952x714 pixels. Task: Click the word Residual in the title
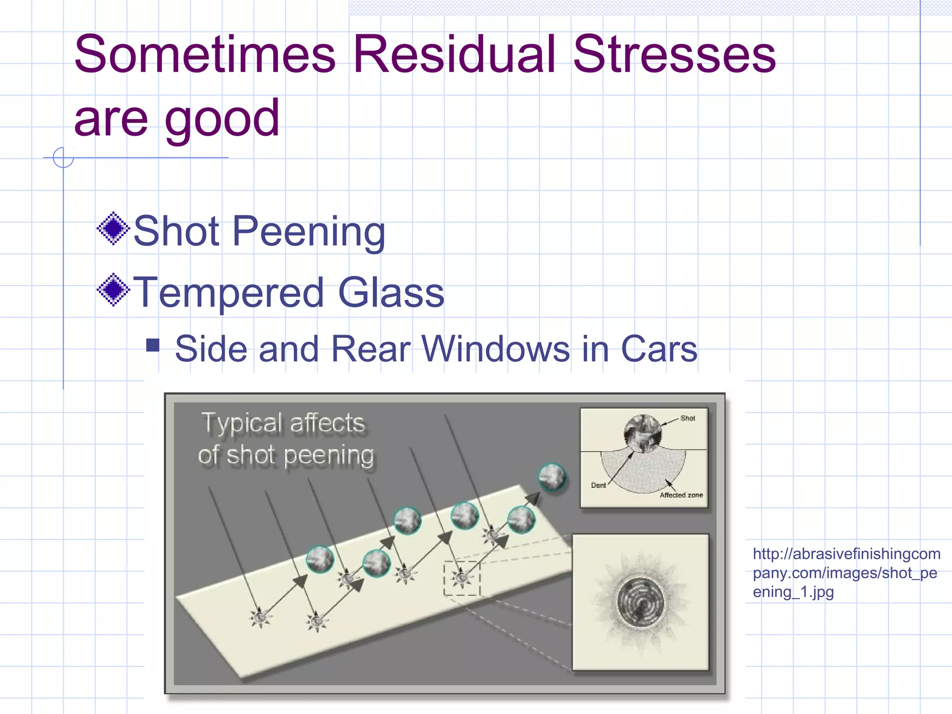coord(454,54)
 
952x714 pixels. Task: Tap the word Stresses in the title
coord(674,54)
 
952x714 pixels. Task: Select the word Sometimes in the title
coord(205,54)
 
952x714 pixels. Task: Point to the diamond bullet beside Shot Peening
coord(113,228)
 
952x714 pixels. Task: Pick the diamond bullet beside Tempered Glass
coord(113,290)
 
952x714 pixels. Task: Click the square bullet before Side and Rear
coord(152,345)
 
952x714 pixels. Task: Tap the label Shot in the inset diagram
coord(688,418)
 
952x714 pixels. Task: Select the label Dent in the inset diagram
coord(598,485)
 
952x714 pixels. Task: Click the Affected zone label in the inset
coord(681,495)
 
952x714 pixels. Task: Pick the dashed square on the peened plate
coord(462,578)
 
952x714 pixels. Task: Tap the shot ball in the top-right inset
coord(642,433)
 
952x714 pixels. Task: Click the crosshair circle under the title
coord(63,158)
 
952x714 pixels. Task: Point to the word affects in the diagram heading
coord(327,423)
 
